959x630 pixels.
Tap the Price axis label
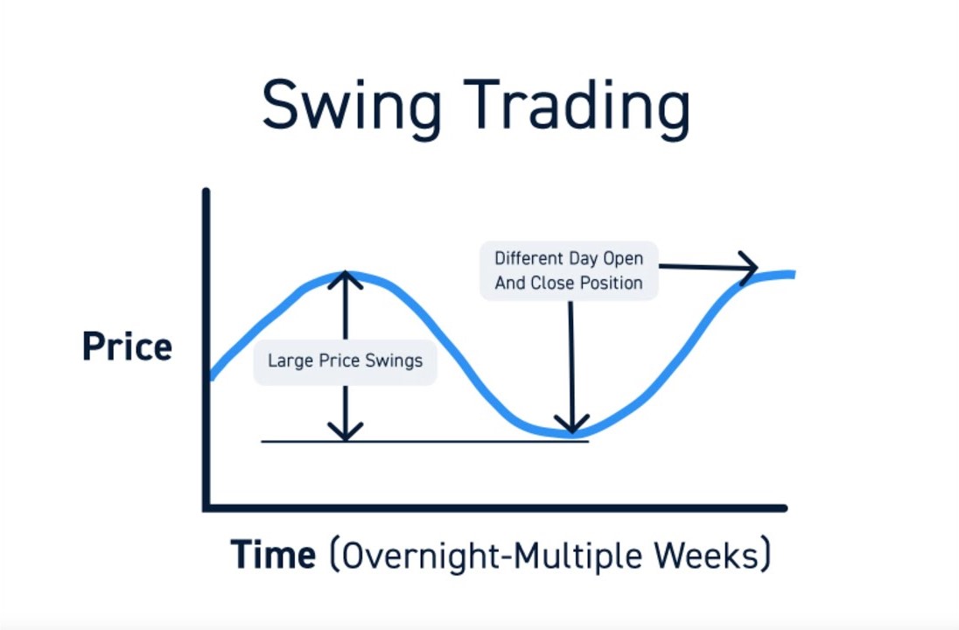[127, 346]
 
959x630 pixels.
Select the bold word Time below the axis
[273, 555]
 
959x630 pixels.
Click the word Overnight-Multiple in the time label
[486, 555]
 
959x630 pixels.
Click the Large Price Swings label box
[346, 360]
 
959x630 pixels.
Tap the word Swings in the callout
[394, 360]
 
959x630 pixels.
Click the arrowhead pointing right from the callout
[750, 268]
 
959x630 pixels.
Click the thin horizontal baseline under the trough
[424, 441]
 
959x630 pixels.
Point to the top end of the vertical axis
[206, 192]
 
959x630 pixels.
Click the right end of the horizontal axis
[783, 507]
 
